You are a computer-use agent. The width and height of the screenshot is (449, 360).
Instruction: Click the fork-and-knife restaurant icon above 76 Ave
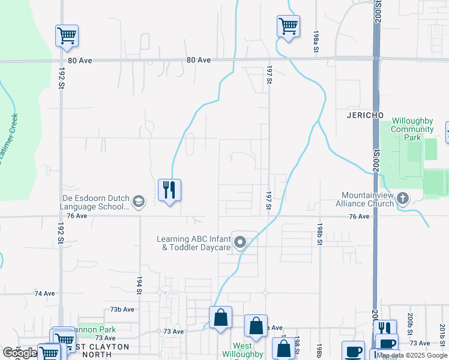[x=169, y=191]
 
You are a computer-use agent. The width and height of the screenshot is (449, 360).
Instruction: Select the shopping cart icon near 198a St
[x=288, y=26]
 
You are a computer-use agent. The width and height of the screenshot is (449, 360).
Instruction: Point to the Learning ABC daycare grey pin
[x=241, y=242]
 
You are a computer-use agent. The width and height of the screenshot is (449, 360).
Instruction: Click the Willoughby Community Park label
[x=412, y=129]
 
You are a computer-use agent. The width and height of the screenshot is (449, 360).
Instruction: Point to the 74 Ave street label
[x=44, y=293]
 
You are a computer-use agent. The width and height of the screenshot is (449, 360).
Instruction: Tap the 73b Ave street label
[x=122, y=309]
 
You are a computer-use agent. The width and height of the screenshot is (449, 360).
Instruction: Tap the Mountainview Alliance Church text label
[x=367, y=199]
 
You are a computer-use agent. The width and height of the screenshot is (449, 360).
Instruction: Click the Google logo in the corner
[x=20, y=353]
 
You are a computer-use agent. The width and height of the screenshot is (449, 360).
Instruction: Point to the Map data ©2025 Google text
[x=411, y=356]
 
